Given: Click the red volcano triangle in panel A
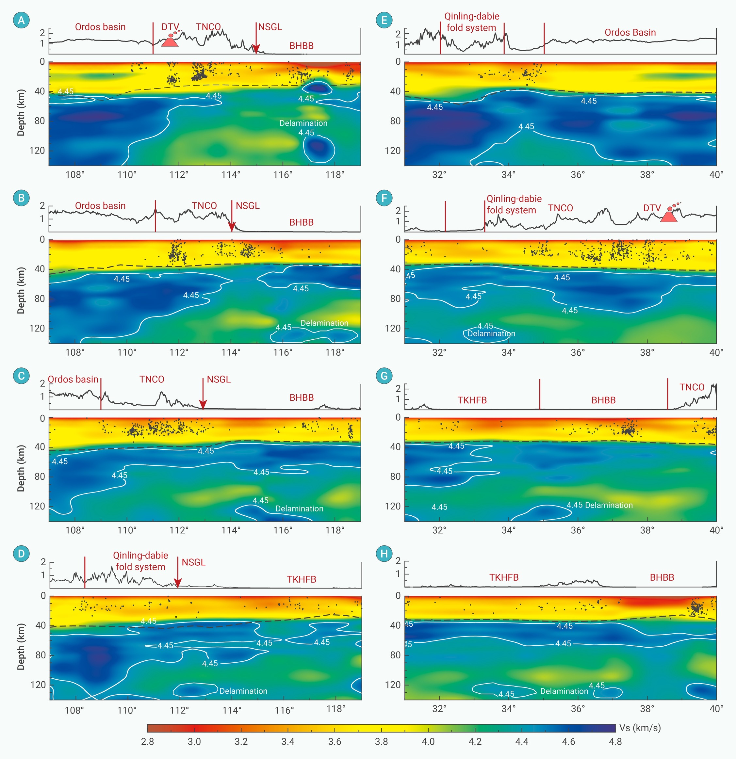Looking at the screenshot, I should point(170,42).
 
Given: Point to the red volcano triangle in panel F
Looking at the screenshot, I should point(669,217).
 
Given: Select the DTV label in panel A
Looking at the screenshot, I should point(170,27).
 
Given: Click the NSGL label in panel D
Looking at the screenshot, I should point(193,562).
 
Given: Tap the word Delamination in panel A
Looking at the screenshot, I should point(303,123).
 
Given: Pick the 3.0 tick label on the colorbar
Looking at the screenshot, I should point(194,742).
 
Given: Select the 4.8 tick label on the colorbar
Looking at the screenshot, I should point(615,742).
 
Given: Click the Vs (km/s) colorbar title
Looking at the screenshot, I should point(640,728).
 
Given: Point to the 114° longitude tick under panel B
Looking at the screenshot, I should point(231,352).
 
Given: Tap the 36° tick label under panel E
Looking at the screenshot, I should point(578,175).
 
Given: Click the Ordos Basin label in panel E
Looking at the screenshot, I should point(630,33).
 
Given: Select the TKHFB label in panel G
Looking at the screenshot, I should point(472,400).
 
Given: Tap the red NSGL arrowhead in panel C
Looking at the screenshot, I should point(203,405).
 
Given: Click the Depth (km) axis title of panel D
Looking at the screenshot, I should point(21,646).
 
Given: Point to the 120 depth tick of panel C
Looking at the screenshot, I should point(37,506).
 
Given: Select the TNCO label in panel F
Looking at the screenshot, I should point(560,208).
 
